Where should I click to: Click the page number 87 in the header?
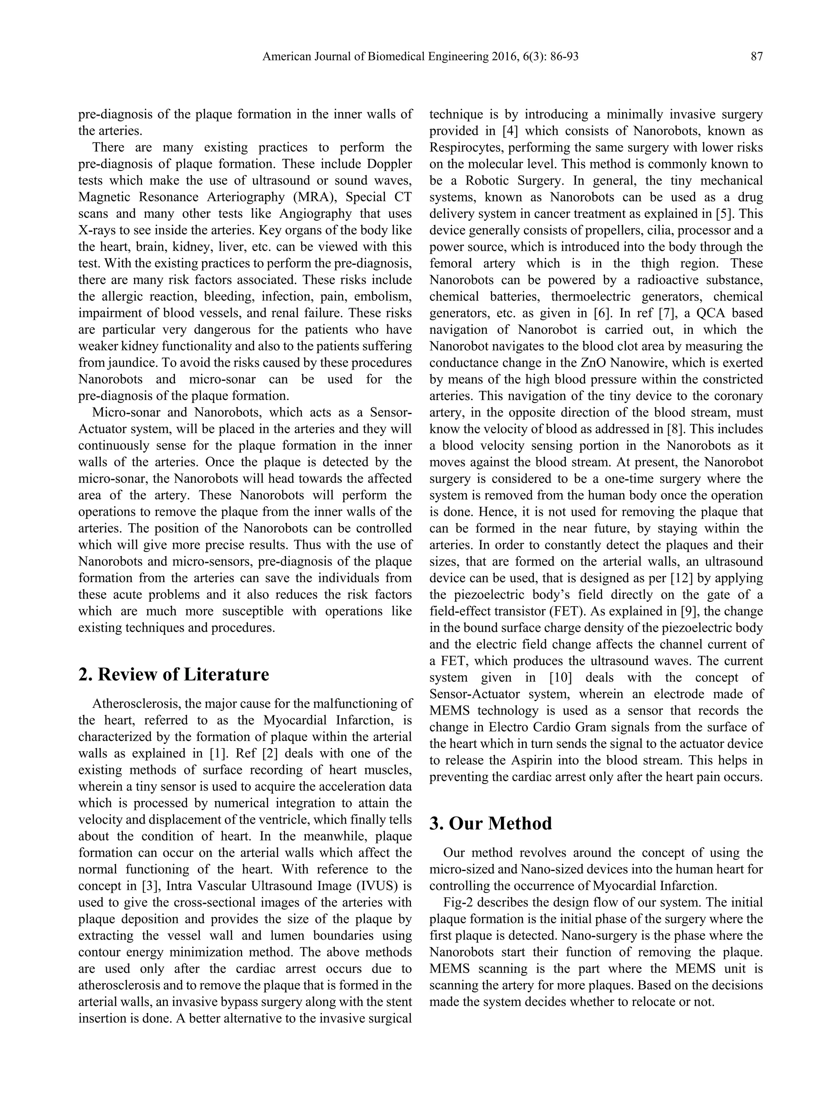[x=756, y=57]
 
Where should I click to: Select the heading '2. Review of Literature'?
[x=174, y=675]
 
